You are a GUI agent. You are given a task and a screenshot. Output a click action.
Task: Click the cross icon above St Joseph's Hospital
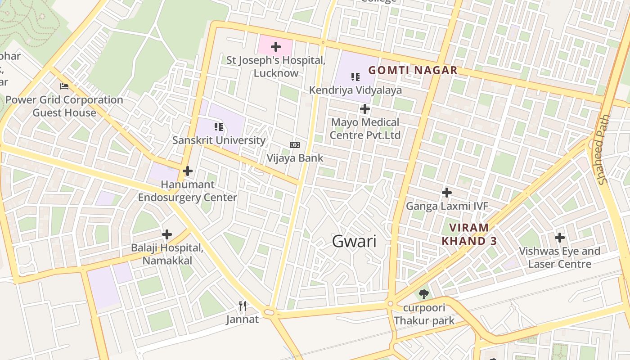(276, 47)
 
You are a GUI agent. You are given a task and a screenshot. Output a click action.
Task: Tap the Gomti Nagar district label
(413, 70)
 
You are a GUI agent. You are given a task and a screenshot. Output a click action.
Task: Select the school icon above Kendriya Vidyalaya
(355, 77)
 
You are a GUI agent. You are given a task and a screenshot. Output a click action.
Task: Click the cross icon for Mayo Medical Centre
(365, 109)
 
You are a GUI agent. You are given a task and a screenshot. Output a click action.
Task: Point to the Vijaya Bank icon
(295, 145)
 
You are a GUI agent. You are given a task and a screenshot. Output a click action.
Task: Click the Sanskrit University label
(219, 140)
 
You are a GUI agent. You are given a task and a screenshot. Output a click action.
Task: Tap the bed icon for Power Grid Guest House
(64, 86)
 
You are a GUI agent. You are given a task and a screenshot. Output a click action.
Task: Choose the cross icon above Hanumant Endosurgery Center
(188, 171)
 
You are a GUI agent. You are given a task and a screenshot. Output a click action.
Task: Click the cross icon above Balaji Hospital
(167, 234)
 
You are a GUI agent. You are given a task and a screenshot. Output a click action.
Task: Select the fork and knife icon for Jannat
(243, 306)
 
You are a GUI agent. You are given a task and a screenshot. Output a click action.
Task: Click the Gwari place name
(354, 241)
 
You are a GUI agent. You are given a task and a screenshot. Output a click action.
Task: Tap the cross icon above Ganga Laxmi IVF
(447, 193)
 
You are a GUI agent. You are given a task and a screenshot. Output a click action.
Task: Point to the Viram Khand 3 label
(469, 234)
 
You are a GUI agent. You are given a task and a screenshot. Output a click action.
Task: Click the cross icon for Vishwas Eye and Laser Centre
(560, 238)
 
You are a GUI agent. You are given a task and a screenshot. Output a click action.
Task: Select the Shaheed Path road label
(603, 149)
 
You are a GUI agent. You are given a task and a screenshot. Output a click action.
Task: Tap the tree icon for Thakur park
(423, 295)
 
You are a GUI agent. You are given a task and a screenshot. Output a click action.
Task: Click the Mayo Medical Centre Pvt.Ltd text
(365, 129)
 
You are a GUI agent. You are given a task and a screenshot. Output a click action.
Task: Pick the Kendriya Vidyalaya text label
(355, 90)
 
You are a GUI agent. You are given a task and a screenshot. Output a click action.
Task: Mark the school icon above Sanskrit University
(219, 127)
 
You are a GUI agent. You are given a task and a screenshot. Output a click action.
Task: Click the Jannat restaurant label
(243, 319)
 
